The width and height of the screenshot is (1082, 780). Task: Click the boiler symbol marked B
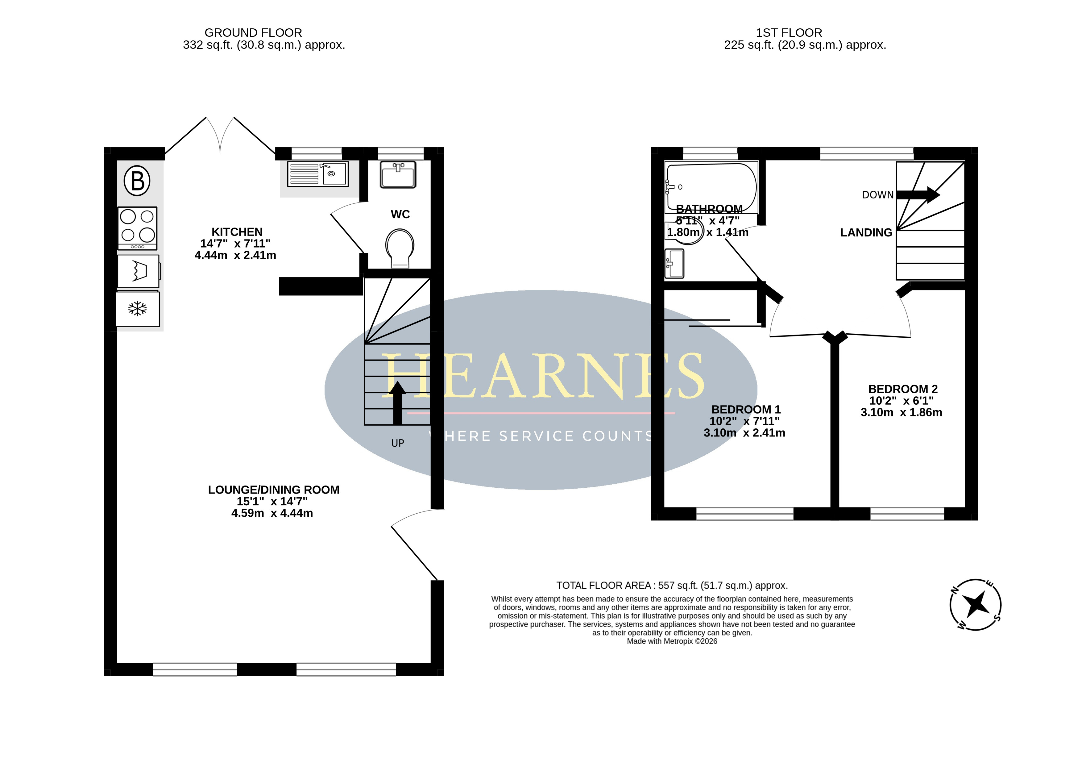[137, 181]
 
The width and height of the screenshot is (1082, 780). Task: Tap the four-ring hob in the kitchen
[137, 228]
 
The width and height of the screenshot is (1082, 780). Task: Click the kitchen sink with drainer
[318, 174]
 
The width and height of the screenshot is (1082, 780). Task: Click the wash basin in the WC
[398, 174]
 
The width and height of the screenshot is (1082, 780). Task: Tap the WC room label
[400, 214]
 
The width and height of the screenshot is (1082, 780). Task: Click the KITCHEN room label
[237, 232]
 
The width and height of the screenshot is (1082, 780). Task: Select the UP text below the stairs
[397, 443]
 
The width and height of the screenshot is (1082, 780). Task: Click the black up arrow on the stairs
[397, 403]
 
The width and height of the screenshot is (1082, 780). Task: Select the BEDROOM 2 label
[903, 389]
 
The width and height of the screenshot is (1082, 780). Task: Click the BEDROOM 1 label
[746, 410]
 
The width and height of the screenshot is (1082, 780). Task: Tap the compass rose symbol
[976, 605]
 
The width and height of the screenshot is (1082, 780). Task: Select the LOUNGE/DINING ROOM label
[274, 490]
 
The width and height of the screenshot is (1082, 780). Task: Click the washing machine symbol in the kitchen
[138, 271]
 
